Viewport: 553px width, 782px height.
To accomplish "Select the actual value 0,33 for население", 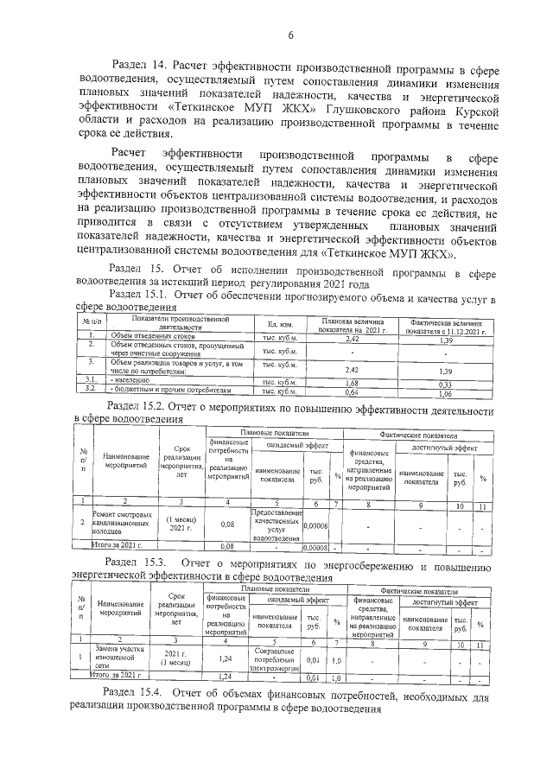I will (x=447, y=383).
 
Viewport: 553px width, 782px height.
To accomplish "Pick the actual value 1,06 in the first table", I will (x=447, y=391).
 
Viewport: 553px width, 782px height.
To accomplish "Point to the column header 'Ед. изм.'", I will (x=279, y=323).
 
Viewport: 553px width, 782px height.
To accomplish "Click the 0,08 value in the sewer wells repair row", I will (x=227, y=523).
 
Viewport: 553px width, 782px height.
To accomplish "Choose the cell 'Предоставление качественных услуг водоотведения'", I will (x=276, y=522).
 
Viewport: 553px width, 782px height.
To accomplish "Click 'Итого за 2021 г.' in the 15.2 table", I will (x=113, y=546).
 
